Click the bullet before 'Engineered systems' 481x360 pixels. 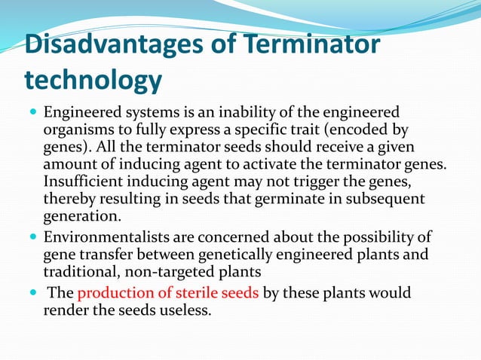point(31,113)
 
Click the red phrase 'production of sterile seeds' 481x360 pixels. point(168,293)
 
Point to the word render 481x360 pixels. point(63,310)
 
